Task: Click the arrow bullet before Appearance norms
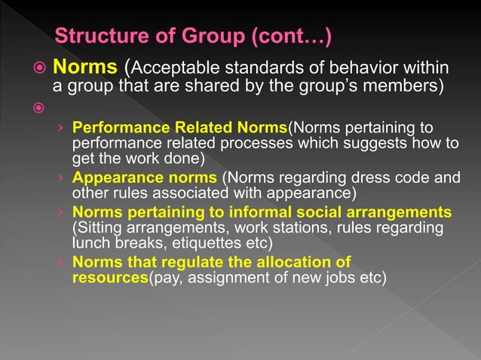pos(60,178)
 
